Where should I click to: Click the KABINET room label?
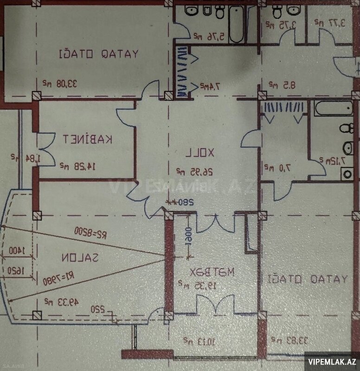[89, 139]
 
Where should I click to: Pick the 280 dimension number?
[183, 202]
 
